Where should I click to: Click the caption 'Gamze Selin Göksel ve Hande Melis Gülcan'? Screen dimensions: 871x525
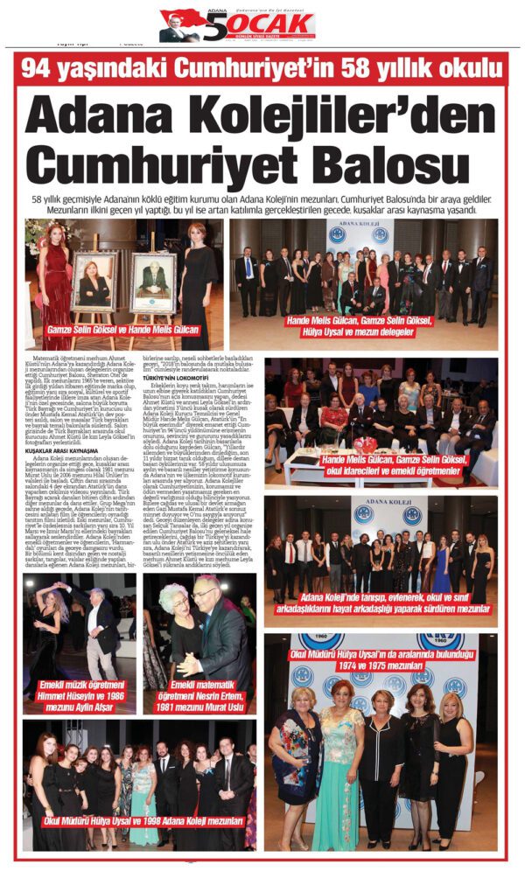click(123, 331)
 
